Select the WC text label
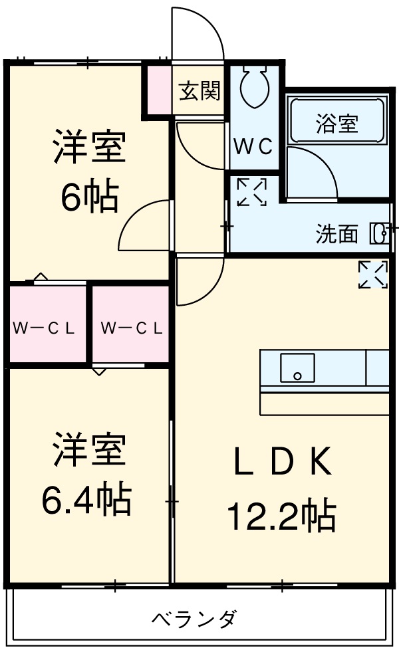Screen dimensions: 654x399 tap(253, 148)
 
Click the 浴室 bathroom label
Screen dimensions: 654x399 tap(337, 124)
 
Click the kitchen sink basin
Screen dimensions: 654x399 tap(297, 368)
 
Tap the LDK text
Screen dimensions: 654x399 tap(282, 463)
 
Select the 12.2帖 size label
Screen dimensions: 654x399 tap(281, 515)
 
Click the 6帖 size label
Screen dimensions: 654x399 tap(90, 197)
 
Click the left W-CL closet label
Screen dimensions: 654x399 tap(45, 328)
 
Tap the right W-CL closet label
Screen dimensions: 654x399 tap(132, 328)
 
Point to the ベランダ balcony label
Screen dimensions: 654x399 tap(194, 619)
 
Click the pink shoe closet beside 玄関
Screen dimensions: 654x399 tap(158, 90)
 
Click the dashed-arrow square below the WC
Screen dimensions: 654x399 tap(251, 192)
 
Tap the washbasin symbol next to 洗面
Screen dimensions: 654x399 tap(380, 234)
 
